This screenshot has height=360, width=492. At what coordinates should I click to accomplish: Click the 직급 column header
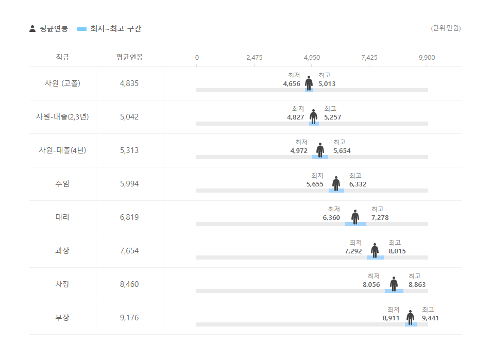pos(62,57)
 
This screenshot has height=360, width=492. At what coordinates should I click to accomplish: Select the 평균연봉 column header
pos(129,57)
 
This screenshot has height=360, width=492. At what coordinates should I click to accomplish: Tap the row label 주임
pos(62,184)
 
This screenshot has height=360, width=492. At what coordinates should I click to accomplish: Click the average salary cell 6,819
pos(129,217)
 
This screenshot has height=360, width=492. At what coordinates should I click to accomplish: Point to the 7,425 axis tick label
pos(369,57)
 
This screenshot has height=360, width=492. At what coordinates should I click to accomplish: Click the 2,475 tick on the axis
pos(255,57)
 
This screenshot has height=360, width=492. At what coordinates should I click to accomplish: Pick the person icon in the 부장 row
pos(410,317)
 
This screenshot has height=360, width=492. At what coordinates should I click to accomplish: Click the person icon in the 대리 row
pos(355,216)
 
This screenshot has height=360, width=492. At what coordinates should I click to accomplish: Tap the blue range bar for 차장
pos(394,291)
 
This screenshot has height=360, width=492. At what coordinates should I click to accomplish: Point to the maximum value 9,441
pos(430,318)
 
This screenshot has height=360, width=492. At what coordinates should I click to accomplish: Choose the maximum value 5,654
pos(342,151)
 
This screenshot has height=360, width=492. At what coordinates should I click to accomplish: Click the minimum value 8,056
pos(371,285)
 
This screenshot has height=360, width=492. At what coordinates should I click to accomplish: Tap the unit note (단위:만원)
pos(446,28)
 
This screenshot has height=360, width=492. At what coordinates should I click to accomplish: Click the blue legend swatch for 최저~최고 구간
pos(82,29)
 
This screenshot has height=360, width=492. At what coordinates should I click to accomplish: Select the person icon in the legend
pos(32,29)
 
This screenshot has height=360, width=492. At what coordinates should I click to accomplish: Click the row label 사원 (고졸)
pos(62,83)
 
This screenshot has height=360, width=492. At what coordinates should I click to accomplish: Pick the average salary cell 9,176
pos(129,318)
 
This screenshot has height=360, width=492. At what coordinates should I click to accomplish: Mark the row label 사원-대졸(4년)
pos(62,150)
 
